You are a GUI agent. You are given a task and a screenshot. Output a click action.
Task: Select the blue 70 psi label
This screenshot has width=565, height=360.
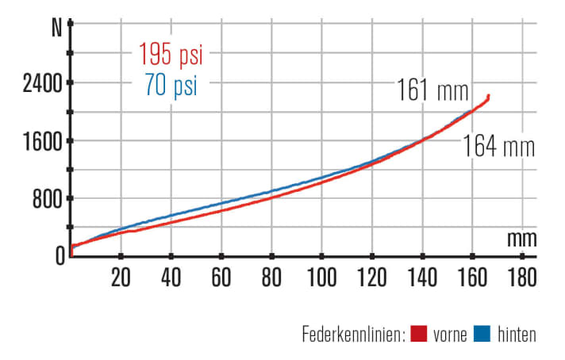[x=171, y=84]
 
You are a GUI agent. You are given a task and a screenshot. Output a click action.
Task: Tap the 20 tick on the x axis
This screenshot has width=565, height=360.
[x=121, y=277]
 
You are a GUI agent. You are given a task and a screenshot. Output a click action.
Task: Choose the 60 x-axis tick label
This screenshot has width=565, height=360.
[x=221, y=277]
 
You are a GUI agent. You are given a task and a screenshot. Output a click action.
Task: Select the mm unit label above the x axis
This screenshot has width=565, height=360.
[x=522, y=238]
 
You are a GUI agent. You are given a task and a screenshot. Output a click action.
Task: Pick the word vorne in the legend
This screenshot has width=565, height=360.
[x=452, y=335]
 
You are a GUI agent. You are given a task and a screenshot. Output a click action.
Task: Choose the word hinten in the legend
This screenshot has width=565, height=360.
[x=517, y=335]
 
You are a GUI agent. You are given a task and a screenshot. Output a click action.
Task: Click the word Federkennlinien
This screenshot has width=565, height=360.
[x=352, y=335]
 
